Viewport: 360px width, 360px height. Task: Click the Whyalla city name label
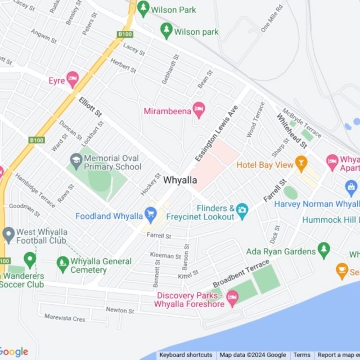[180, 181]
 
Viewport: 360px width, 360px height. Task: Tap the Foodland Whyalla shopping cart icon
[150, 214]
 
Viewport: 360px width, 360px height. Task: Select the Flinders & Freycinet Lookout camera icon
[242, 210]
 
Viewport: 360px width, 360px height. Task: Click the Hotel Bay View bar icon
[301, 163]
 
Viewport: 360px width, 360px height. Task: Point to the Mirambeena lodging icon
[199, 109]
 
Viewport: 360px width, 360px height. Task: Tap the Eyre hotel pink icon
[73, 79]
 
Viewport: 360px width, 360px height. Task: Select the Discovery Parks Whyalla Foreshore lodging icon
[232, 298]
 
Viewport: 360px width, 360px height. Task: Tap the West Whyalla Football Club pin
[8, 233]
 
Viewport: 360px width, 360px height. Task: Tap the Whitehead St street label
[291, 130]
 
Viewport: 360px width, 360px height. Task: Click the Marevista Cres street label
[65, 318]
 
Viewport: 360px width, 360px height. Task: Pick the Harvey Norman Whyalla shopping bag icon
[352, 187]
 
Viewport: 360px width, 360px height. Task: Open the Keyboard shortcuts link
[186, 355]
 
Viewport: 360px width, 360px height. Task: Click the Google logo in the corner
[14, 352]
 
